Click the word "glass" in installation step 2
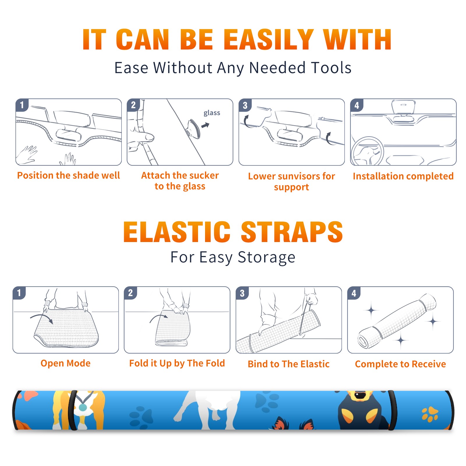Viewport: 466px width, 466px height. (x=212, y=113)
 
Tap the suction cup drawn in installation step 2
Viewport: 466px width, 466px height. (x=194, y=128)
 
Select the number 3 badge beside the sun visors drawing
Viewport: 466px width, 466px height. (x=245, y=105)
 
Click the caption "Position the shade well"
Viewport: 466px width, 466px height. (x=68, y=175)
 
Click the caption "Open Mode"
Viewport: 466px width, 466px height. (x=66, y=363)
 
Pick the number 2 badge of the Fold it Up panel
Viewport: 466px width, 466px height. (x=130, y=293)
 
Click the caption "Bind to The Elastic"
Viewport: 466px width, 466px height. (x=289, y=364)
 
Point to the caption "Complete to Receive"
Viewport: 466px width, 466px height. (x=400, y=364)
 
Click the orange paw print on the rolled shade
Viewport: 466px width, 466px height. (x=430, y=414)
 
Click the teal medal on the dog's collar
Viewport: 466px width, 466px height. (x=83, y=407)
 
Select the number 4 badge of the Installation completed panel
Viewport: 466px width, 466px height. (x=357, y=105)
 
